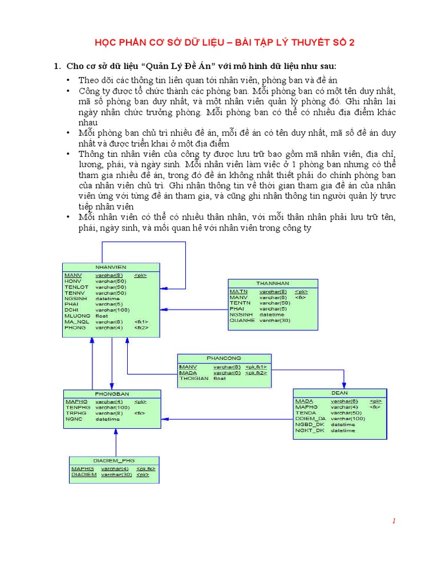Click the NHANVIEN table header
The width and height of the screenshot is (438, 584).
(111, 267)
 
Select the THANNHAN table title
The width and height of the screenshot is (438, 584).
(273, 283)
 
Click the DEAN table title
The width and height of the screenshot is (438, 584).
(339, 393)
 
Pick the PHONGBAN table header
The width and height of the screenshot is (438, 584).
(112, 394)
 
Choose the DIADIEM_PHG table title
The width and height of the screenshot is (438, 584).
(113, 460)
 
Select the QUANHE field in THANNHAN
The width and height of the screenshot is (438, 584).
(242, 321)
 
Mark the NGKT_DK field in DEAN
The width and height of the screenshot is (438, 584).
(309, 431)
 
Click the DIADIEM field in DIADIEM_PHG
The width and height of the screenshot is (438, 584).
(84, 474)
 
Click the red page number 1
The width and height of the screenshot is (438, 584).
(394, 521)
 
